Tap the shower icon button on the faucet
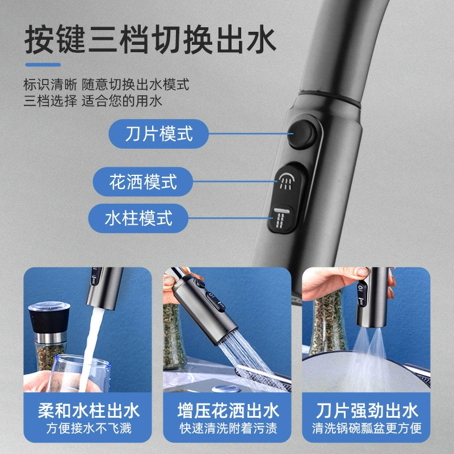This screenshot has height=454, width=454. (x=286, y=181)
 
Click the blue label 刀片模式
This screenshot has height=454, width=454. (x=159, y=134)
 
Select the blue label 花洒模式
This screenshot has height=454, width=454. (x=143, y=182)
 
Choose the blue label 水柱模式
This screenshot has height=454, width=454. (x=138, y=218)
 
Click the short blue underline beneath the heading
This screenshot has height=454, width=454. (x=43, y=65)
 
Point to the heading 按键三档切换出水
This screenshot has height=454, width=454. (x=150, y=39)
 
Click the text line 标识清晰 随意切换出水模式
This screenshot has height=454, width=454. (x=106, y=85)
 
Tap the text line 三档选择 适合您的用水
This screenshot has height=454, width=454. (x=93, y=101)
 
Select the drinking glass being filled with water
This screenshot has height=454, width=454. (x=79, y=373)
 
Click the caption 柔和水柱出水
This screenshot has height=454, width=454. (x=89, y=410)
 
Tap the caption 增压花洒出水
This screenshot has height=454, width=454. (x=228, y=410)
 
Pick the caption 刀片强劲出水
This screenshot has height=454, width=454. (x=367, y=410)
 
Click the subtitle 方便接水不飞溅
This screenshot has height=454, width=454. (x=89, y=428)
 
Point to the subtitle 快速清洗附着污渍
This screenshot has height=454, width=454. (x=228, y=428)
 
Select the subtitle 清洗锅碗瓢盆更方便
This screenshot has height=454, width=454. (x=367, y=428)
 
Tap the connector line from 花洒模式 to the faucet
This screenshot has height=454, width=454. (x=235, y=182)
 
